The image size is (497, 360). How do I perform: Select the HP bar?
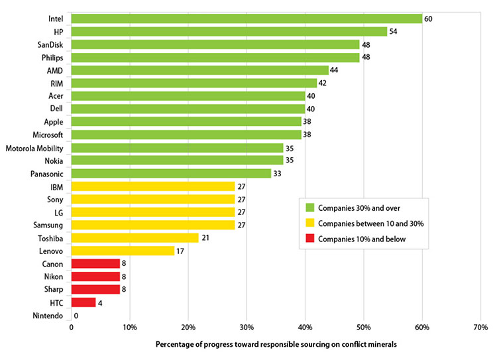point(229,32)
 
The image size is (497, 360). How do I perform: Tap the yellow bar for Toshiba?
point(135,238)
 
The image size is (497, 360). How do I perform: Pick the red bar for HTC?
point(83,302)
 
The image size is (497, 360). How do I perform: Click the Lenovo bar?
point(123,251)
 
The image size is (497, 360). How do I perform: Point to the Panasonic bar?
point(171,174)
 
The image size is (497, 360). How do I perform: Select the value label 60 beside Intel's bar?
point(429,19)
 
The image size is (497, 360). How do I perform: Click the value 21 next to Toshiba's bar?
point(206,238)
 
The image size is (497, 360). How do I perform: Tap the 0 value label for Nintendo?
point(76,316)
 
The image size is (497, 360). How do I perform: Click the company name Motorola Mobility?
point(34,148)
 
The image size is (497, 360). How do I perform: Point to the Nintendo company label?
point(48,316)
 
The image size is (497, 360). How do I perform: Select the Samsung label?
point(48,225)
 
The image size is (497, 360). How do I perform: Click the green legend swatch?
point(309,206)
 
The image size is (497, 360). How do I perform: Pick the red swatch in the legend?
point(309,238)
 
